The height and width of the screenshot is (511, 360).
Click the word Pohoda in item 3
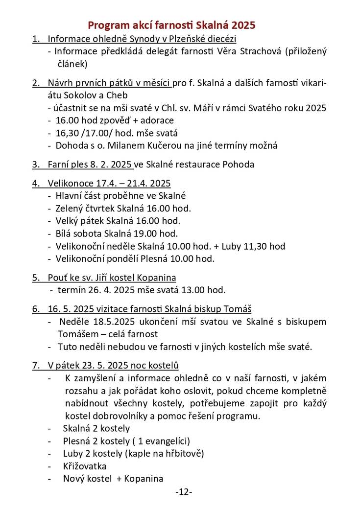(238, 164)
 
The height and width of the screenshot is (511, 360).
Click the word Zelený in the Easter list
(70, 209)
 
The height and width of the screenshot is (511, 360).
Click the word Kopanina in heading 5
(154, 278)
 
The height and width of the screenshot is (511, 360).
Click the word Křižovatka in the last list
(84, 466)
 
